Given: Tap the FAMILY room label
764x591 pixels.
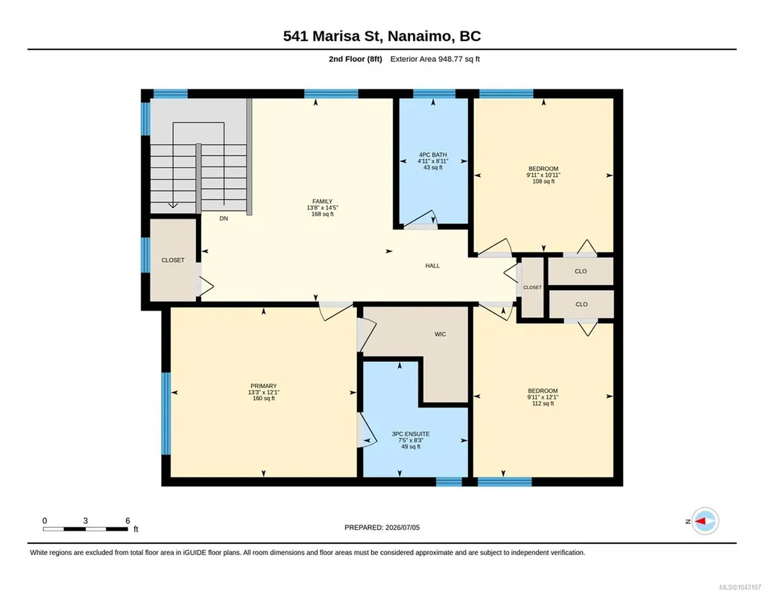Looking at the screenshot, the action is (x=323, y=201).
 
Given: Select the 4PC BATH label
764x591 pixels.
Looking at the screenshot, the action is (x=432, y=155).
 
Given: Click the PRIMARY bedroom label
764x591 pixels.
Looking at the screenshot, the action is (x=264, y=387).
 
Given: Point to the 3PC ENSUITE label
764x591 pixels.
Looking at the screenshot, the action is (x=411, y=434).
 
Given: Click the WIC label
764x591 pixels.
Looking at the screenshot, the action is (x=440, y=334).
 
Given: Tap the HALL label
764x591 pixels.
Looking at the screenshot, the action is (x=432, y=266).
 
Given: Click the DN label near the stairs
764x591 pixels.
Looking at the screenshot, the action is (x=224, y=219).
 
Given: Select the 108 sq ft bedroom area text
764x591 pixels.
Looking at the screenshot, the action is (x=543, y=181).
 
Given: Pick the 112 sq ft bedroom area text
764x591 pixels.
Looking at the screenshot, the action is (x=543, y=404).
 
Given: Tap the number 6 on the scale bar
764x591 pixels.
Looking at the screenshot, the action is (x=127, y=521).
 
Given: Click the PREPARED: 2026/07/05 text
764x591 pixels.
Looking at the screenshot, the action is (x=382, y=528).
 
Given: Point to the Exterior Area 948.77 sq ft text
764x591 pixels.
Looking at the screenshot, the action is (x=435, y=59).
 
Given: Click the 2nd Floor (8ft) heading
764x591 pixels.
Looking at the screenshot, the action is (x=356, y=59).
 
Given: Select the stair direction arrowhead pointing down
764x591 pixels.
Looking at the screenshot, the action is (x=173, y=205).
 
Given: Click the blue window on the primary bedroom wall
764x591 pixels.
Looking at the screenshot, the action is (x=166, y=413).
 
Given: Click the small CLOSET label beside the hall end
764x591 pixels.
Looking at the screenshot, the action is (x=532, y=288).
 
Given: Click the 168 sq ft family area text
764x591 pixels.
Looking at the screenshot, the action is (x=323, y=214).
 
